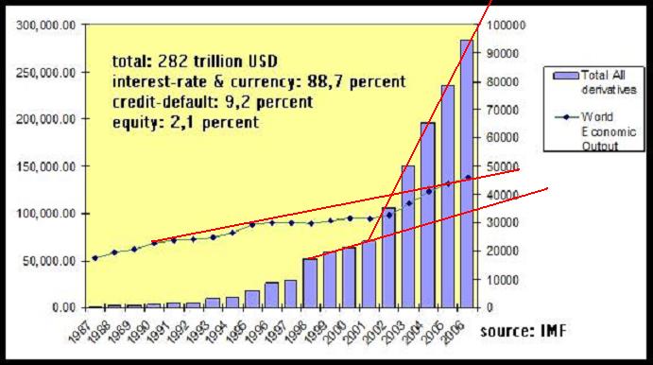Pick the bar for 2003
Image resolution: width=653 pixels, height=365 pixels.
click(x=407, y=236)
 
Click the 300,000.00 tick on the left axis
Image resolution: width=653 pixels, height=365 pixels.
click(x=46, y=25)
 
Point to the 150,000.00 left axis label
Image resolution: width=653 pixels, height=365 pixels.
click(x=46, y=166)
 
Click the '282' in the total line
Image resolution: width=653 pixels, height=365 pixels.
click(x=168, y=55)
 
